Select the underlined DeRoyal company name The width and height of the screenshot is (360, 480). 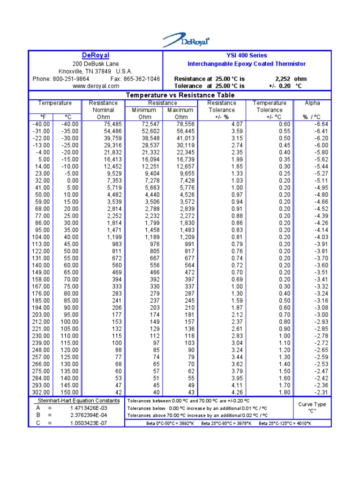pos(96,55)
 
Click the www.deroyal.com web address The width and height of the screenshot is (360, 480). pos(96,86)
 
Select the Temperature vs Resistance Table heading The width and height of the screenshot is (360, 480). pos(180,95)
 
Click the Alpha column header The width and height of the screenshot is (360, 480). pos(312,103)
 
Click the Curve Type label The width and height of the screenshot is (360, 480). pos(312,405)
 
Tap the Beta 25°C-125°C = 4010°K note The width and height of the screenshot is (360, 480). pos(285,423)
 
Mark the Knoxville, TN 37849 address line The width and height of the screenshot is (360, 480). pos(96,71)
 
